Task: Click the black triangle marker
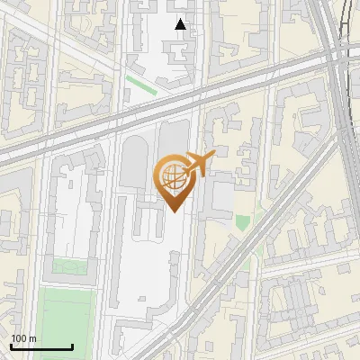[x=181, y=24]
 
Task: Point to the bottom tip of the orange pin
[x=174, y=211]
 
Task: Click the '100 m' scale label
[x=23, y=338]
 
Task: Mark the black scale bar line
[x=41, y=346]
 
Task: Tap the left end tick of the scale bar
[x=11, y=345]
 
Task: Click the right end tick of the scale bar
[x=72, y=345]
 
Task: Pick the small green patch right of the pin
[x=242, y=221]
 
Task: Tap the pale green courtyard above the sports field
[x=65, y=266]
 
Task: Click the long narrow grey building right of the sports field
[x=102, y=297]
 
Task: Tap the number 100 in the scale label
[x=19, y=338]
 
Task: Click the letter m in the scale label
[x=32, y=339]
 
